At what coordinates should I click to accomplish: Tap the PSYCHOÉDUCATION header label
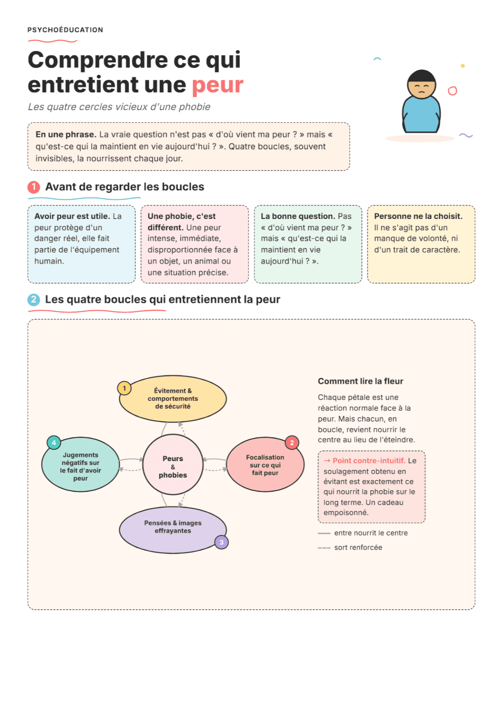pyautogui.click(x=65, y=30)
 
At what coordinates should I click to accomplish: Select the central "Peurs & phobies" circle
pyautogui.click(x=173, y=464)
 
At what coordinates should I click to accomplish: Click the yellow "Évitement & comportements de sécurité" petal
pyautogui.click(x=173, y=399)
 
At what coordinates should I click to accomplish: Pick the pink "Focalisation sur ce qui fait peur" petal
pyautogui.click(x=265, y=464)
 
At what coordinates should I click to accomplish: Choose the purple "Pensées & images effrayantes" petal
pyautogui.click(x=173, y=530)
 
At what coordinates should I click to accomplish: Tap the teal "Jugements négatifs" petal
pyautogui.click(x=81, y=464)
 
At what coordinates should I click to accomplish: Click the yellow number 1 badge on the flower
pyautogui.click(x=124, y=388)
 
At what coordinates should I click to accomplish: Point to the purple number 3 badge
pyautogui.click(x=221, y=542)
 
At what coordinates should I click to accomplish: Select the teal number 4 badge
pyautogui.click(x=54, y=442)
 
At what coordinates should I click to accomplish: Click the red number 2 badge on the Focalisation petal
pyautogui.click(x=292, y=442)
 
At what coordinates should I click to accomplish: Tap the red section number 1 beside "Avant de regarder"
pyautogui.click(x=34, y=187)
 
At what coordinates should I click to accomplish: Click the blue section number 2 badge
pyautogui.click(x=34, y=300)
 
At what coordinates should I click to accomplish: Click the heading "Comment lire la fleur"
pyautogui.click(x=360, y=381)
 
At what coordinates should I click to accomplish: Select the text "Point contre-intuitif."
pyautogui.click(x=369, y=461)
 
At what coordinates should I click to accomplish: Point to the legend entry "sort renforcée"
pyautogui.click(x=358, y=547)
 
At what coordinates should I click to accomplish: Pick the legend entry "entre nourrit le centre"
pyautogui.click(x=371, y=533)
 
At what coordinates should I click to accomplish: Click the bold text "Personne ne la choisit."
pyautogui.click(x=418, y=216)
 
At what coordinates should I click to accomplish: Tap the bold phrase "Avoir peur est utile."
pyautogui.click(x=72, y=216)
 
